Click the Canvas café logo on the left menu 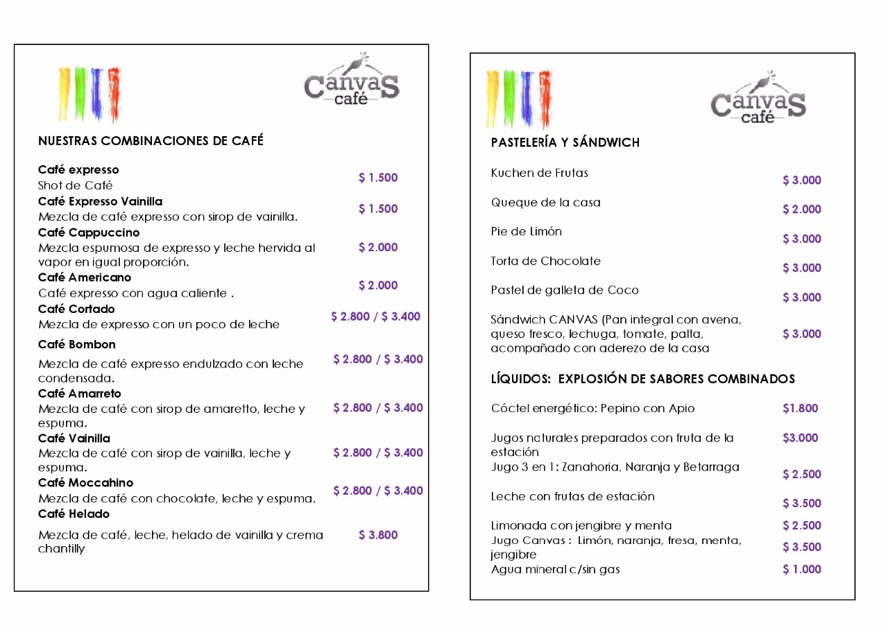pyautogui.click(x=352, y=84)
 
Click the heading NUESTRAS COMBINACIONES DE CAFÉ pyautogui.click(x=151, y=141)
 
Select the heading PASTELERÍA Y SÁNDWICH pyautogui.click(x=565, y=142)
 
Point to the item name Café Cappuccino pyautogui.click(x=89, y=232)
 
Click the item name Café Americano pyautogui.click(x=85, y=278)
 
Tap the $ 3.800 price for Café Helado pyautogui.click(x=378, y=535)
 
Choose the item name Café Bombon pyautogui.click(x=77, y=344)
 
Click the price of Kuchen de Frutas pyautogui.click(x=801, y=180)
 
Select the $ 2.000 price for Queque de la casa pyautogui.click(x=801, y=210)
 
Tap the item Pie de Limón pyautogui.click(x=527, y=231)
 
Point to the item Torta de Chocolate pyautogui.click(x=545, y=261)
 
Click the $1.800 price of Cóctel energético pyautogui.click(x=800, y=408)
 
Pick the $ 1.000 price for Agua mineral pyautogui.click(x=801, y=569)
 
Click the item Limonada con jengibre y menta pyautogui.click(x=581, y=525)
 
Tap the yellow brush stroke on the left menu pyautogui.click(x=65, y=93)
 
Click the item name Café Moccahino pyautogui.click(x=85, y=482)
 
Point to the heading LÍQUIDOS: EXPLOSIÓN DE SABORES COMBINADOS pyautogui.click(x=642, y=379)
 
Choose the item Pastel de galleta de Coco pyautogui.click(x=565, y=290)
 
